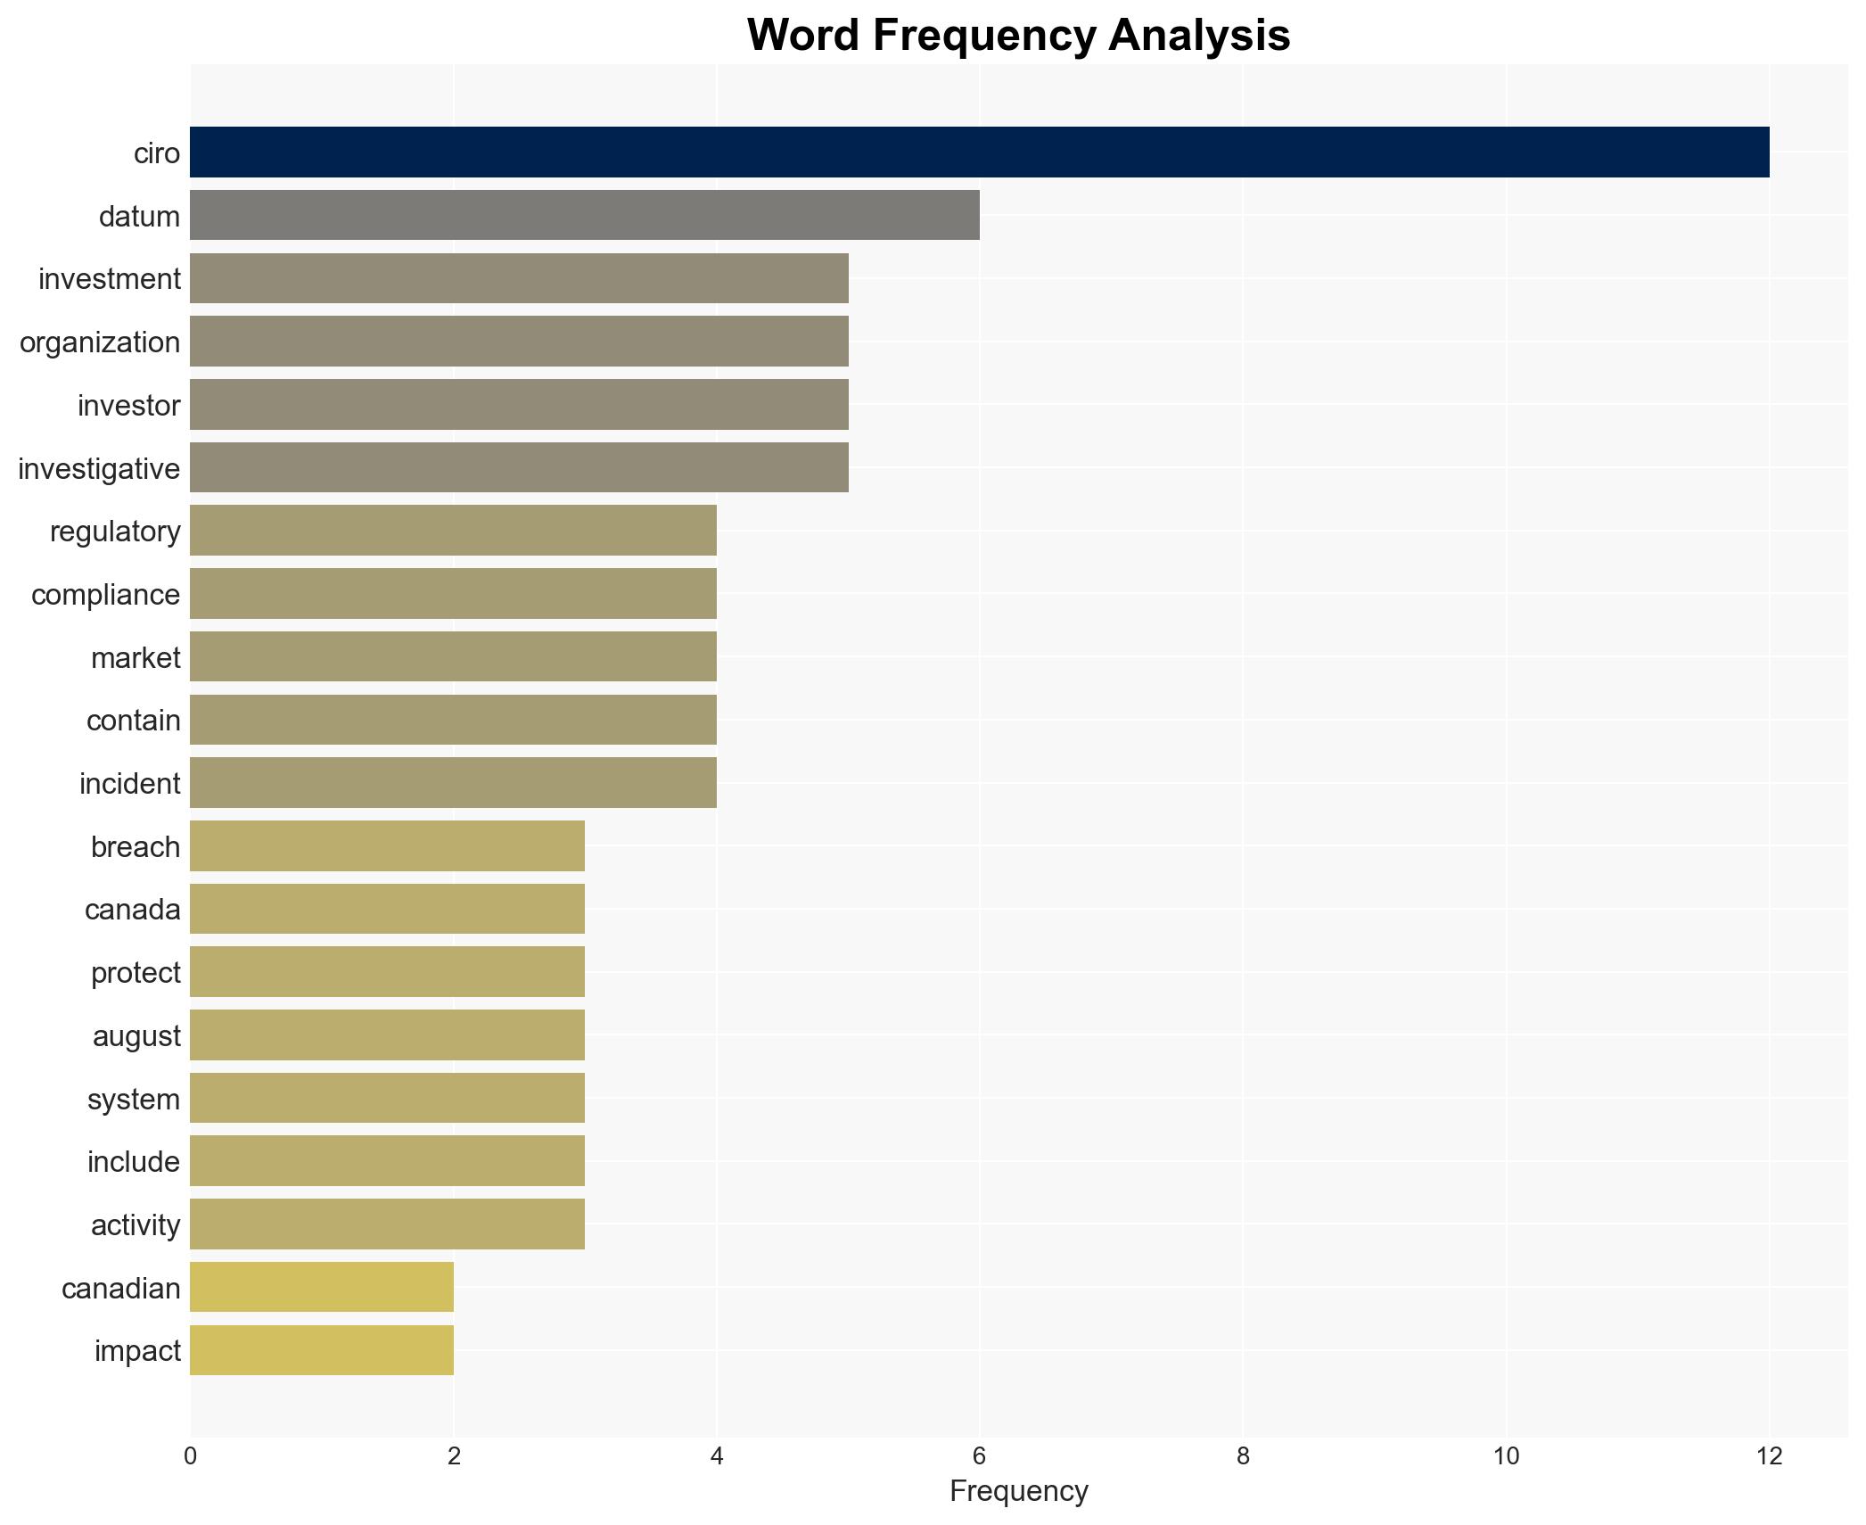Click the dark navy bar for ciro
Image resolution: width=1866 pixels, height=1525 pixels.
tap(979, 152)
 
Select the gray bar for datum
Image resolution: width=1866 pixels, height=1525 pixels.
tap(584, 216)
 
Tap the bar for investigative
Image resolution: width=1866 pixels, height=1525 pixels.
tap(519, 467)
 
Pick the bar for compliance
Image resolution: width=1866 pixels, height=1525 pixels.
tap(453, 594)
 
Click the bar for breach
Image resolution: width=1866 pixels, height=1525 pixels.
tap(387, 845)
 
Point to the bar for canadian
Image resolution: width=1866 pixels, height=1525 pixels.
tap(321, 1287)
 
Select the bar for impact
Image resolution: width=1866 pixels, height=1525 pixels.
tap(321, 1350)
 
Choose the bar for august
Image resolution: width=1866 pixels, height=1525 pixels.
tap(387, 1035)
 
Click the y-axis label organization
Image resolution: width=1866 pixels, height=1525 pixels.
tap(100, 342)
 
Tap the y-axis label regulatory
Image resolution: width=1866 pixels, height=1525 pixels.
tap(115, 532)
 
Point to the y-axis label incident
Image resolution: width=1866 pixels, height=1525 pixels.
tap(129, 784)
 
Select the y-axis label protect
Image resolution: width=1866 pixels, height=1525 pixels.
tap(136, 973)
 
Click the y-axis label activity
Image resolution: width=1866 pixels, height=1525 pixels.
tap(136, 1225)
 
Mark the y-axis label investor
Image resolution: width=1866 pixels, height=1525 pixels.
tap(128, 406)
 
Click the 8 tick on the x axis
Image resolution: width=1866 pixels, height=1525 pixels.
tap(1243, 1456)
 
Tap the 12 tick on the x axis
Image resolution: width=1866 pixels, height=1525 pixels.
tap(1769, 1456)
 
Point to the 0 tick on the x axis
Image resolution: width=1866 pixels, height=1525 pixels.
tap(190, 1456)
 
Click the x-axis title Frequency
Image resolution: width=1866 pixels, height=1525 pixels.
tap(1018, 1491)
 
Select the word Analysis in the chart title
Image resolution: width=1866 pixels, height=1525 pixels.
tap(1199, 36)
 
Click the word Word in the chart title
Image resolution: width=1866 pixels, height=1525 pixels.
tap(804, 36)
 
